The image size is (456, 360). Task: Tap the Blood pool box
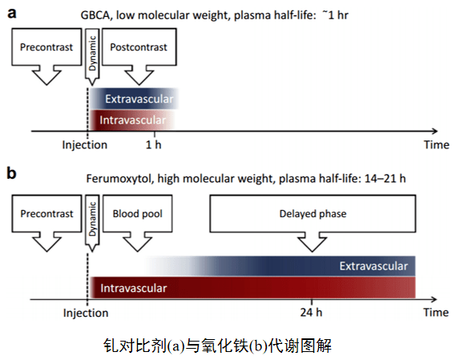(127, 214)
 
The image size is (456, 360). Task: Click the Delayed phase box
(313, 214)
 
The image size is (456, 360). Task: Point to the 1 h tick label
(153, 145)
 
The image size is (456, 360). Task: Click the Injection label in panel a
(85, 145)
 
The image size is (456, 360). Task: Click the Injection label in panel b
(85, 312)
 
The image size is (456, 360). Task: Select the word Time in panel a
(436, 145)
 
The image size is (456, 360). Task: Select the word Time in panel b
(436, 312)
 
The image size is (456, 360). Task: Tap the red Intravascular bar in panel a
(128, 120)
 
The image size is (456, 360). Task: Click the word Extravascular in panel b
(374, 265)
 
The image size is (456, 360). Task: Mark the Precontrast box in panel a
(46, 48)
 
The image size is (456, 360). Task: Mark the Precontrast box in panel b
(46, 214)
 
